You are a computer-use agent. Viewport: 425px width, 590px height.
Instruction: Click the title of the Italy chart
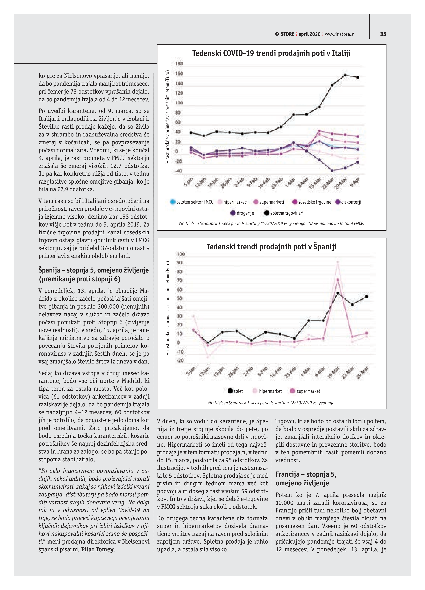[271, 53]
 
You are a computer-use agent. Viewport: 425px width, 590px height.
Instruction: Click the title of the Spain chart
[271, 247]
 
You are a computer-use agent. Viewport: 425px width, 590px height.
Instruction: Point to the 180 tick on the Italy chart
[179, 64]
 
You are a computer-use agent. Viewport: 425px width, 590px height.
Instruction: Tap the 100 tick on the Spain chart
[181, 254]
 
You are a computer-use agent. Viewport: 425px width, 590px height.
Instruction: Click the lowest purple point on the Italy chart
[332, 171]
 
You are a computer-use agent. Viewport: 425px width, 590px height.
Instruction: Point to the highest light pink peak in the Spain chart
[338, 262]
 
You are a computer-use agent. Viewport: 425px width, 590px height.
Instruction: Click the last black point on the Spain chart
[367, 297]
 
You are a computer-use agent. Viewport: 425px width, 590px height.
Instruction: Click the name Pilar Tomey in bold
[98, 549]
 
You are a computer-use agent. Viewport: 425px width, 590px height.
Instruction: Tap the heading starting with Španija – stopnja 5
[94, 274]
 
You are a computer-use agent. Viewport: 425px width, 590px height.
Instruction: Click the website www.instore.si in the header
[340, 34]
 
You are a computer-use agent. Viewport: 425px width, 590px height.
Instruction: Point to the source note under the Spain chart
[271, 403]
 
